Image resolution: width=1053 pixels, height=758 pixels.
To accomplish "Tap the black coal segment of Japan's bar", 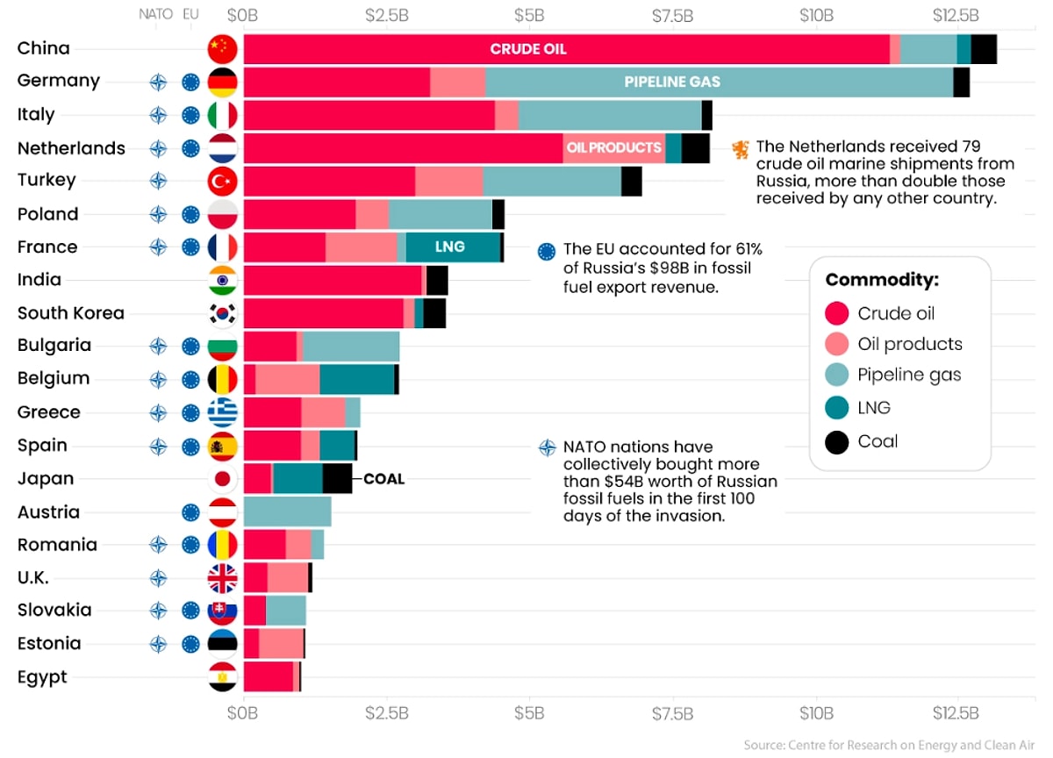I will click(x=337, y=479).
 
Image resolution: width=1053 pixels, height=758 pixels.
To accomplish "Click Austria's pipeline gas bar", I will click(x=287, y=511).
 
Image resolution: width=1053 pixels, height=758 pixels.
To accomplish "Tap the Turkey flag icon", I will click(x=222, y=181).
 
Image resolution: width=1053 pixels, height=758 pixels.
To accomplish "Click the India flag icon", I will click(x=222, y=281).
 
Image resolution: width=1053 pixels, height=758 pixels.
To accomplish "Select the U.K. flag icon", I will click(x=222, y=577).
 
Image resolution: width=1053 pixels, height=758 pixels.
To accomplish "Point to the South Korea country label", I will click(x=71, y=313).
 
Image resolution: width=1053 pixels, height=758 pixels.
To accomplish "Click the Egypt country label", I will click(x=42, y=677).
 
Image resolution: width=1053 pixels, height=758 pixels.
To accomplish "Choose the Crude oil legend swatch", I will click(x=837, y=313).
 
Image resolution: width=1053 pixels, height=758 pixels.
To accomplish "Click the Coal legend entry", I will click(x=877, y=441).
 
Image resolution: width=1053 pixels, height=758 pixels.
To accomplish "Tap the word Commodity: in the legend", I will click(x=881, y=280).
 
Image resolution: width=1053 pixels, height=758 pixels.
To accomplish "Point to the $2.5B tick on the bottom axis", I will click(x=386, y=712).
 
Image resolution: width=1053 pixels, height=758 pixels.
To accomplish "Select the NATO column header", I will click(x=156, y=15).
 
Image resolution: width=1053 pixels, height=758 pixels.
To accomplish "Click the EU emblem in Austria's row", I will click(x=190, y=512).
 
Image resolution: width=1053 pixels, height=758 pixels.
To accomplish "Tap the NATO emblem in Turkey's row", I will click(x=158, y=181).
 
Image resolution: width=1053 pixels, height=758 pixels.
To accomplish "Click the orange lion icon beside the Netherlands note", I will click(x=741, y=149).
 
